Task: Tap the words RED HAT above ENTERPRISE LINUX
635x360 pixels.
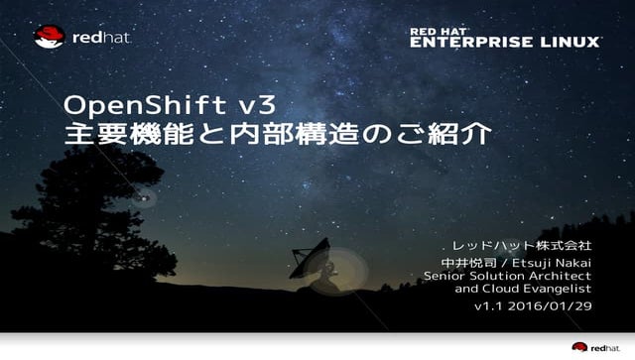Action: pyautogui.click(x=440, y=32)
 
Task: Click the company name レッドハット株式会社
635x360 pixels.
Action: pyautogui.click(x=521, y=244)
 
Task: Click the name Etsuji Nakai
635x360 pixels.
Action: pyautogui.click(x=550, y=261)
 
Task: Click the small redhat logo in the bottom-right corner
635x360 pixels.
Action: pyautogui.click(x=595, y=346)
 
